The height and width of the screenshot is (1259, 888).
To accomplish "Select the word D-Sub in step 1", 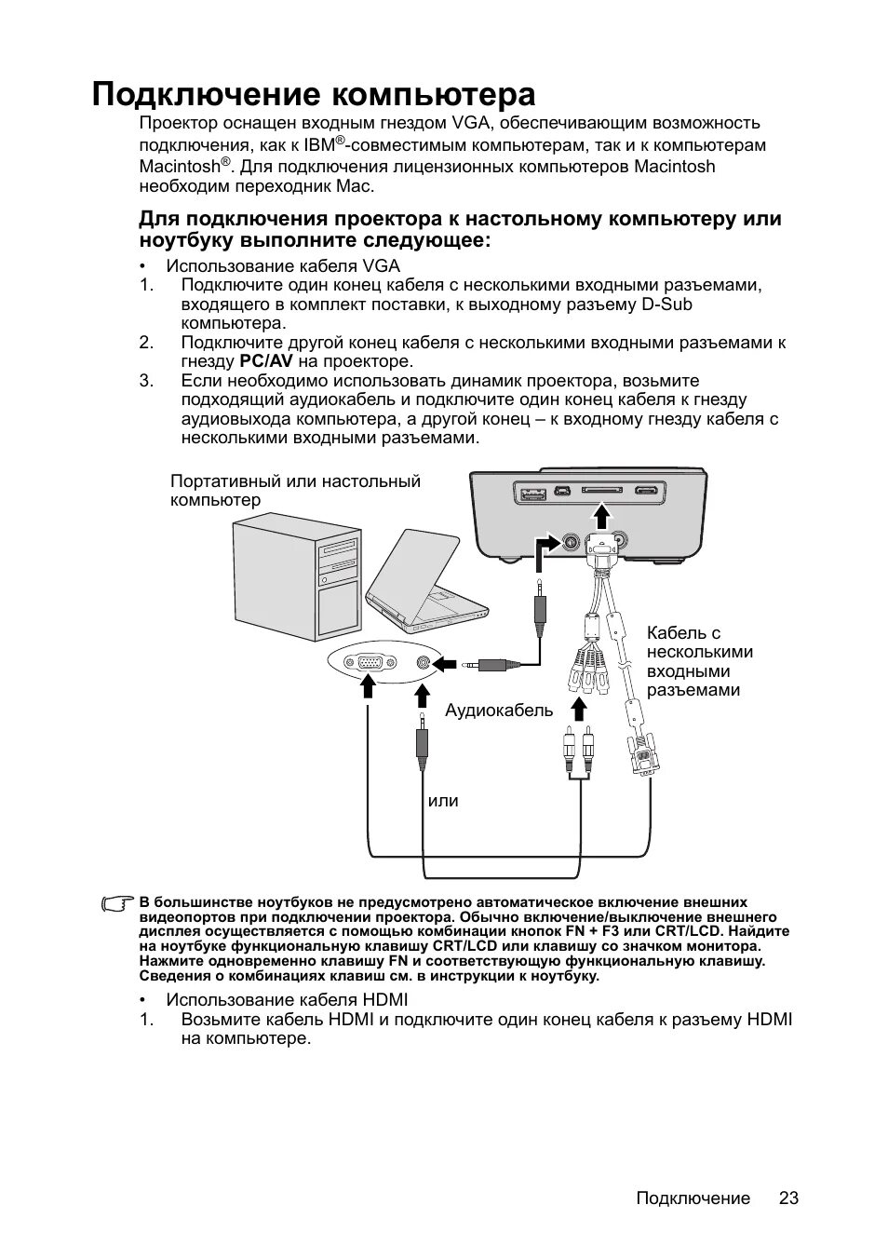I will pos(667,305).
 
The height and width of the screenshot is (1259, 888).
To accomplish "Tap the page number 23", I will pos(788,1198).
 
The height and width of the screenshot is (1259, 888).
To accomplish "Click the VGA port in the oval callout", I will pos(370,663).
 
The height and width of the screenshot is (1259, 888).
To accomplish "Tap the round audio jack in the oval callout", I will pos(424,663).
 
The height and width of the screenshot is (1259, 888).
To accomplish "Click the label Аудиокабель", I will pos(498,711).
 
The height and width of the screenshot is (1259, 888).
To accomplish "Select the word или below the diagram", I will pos(443,802).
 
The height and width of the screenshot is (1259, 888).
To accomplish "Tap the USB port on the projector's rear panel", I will pos(532,492).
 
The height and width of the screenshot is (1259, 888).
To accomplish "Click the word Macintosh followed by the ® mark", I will pos(179,168).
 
